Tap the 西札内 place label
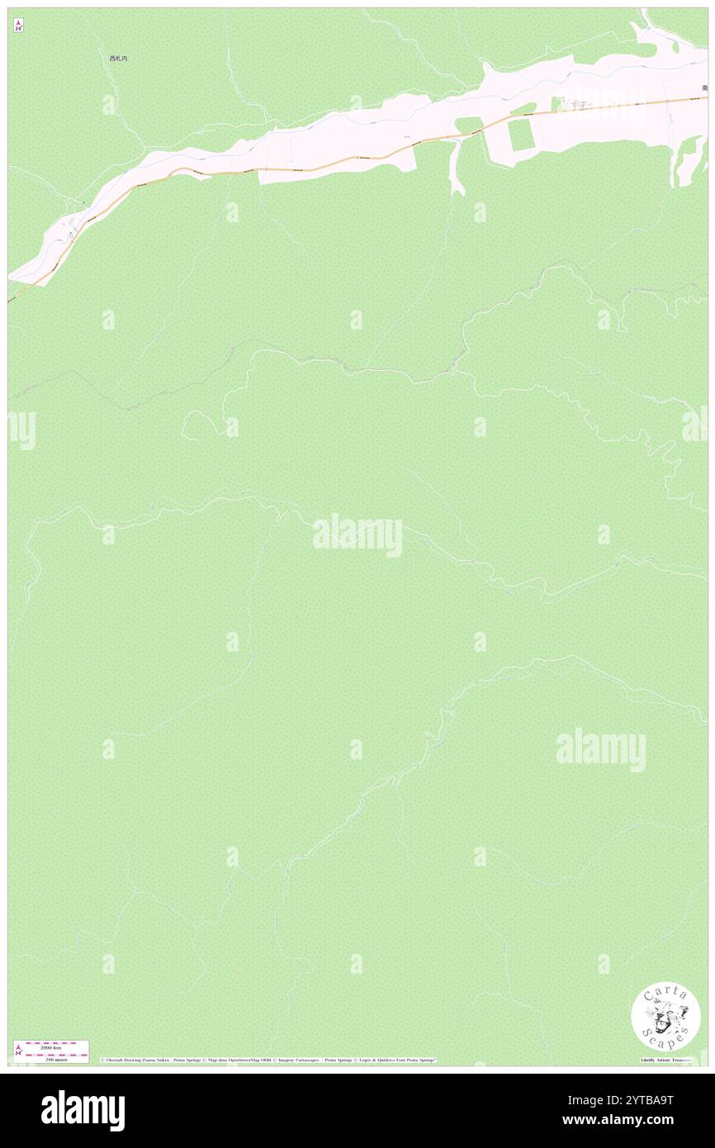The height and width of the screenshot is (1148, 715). pyautogui.click(x=119, y=59)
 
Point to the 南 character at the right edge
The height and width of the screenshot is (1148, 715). pyautogui.click(x=704, y=88)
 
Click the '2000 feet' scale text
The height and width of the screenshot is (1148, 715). pyautogui.click(x=51, y=1047)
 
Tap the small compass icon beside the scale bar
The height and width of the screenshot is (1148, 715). pyautogui.click(x=18, y=1050)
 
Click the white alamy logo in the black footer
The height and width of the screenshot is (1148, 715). pyautogui.click(x=83, y=1110)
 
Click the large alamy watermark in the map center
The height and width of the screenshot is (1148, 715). pyautogui.click(x=357, y=535)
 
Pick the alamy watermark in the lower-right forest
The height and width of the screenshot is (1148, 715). pyautogui.click(x=600, y=750)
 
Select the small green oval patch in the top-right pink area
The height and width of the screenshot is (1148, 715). pyautogui.click(x=644, y=50)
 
